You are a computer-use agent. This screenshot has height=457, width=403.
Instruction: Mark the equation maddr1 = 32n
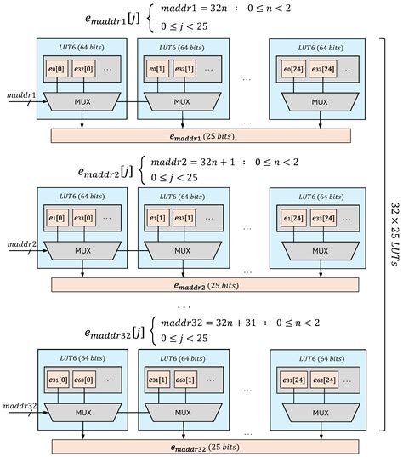[x=184, y=10]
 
